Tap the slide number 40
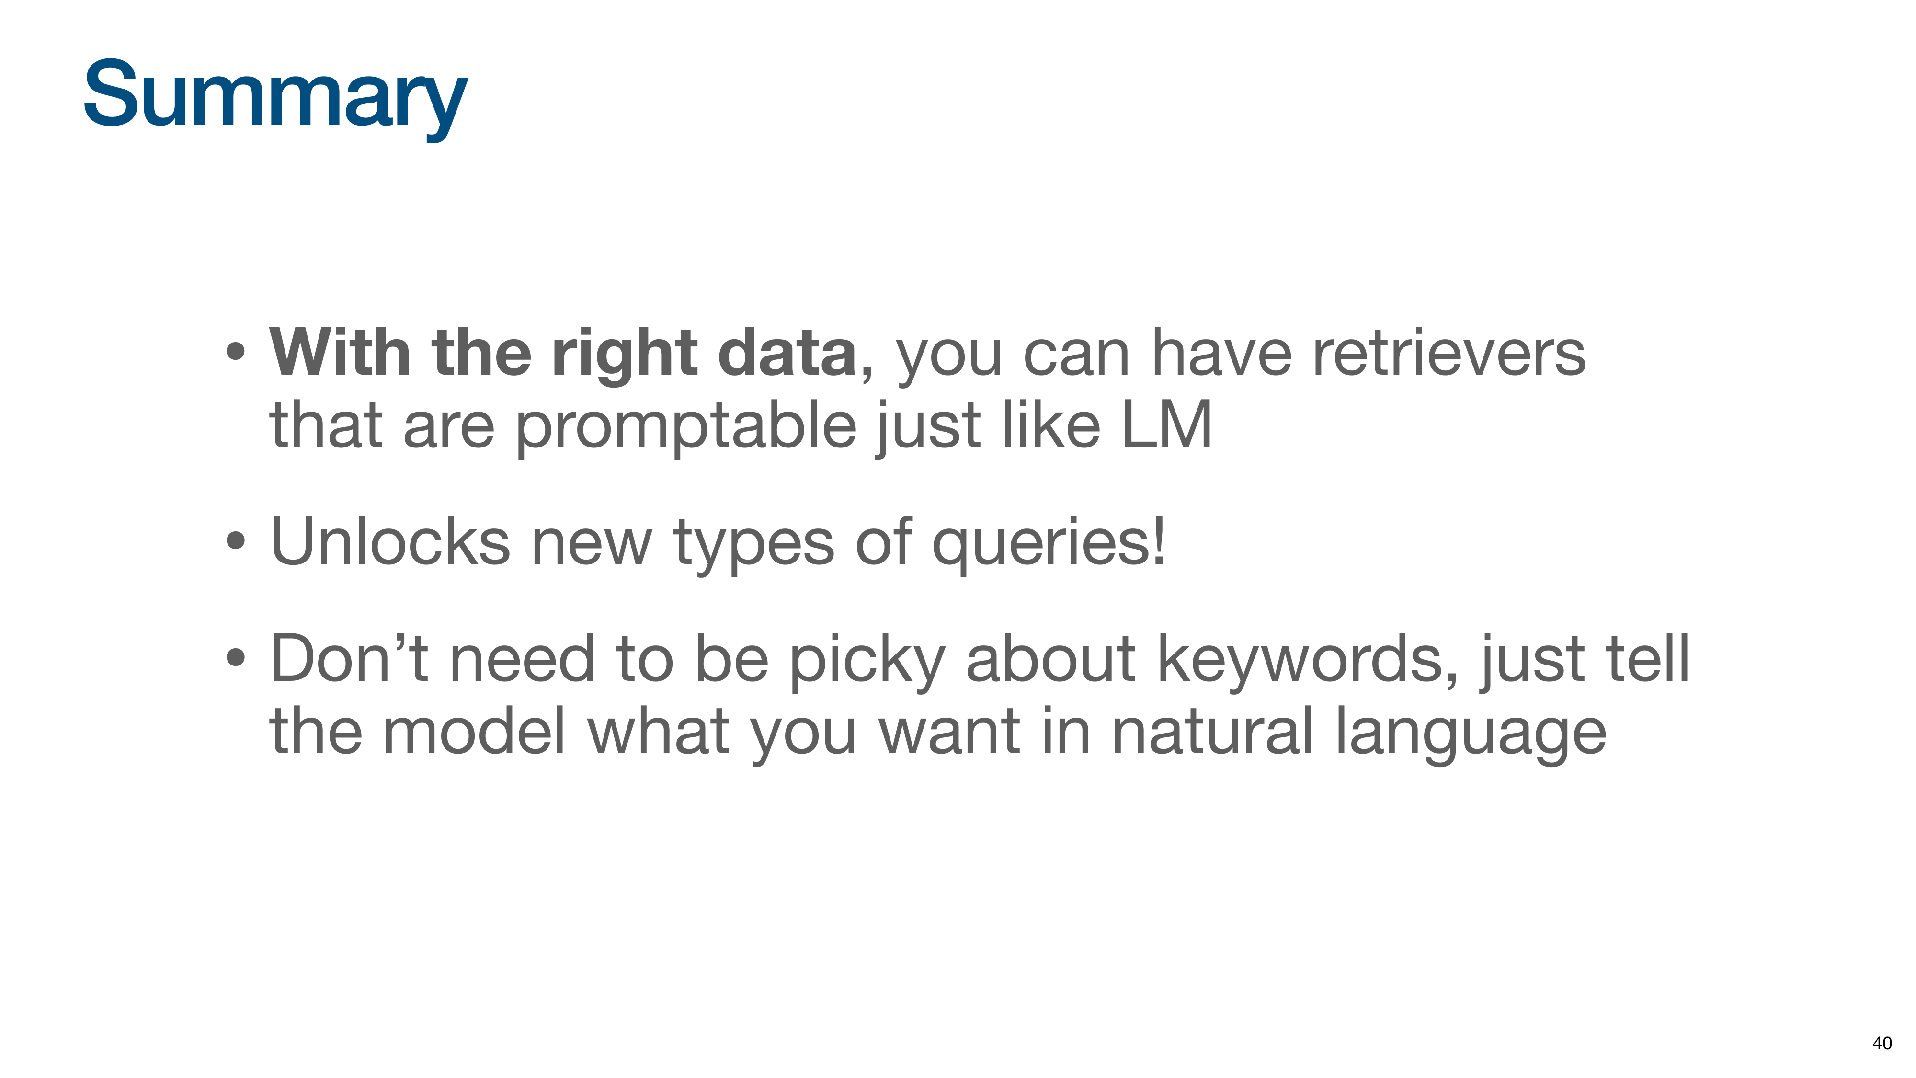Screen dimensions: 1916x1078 tap(1882, 1043)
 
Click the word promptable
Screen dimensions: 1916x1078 tap(686, 427)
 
